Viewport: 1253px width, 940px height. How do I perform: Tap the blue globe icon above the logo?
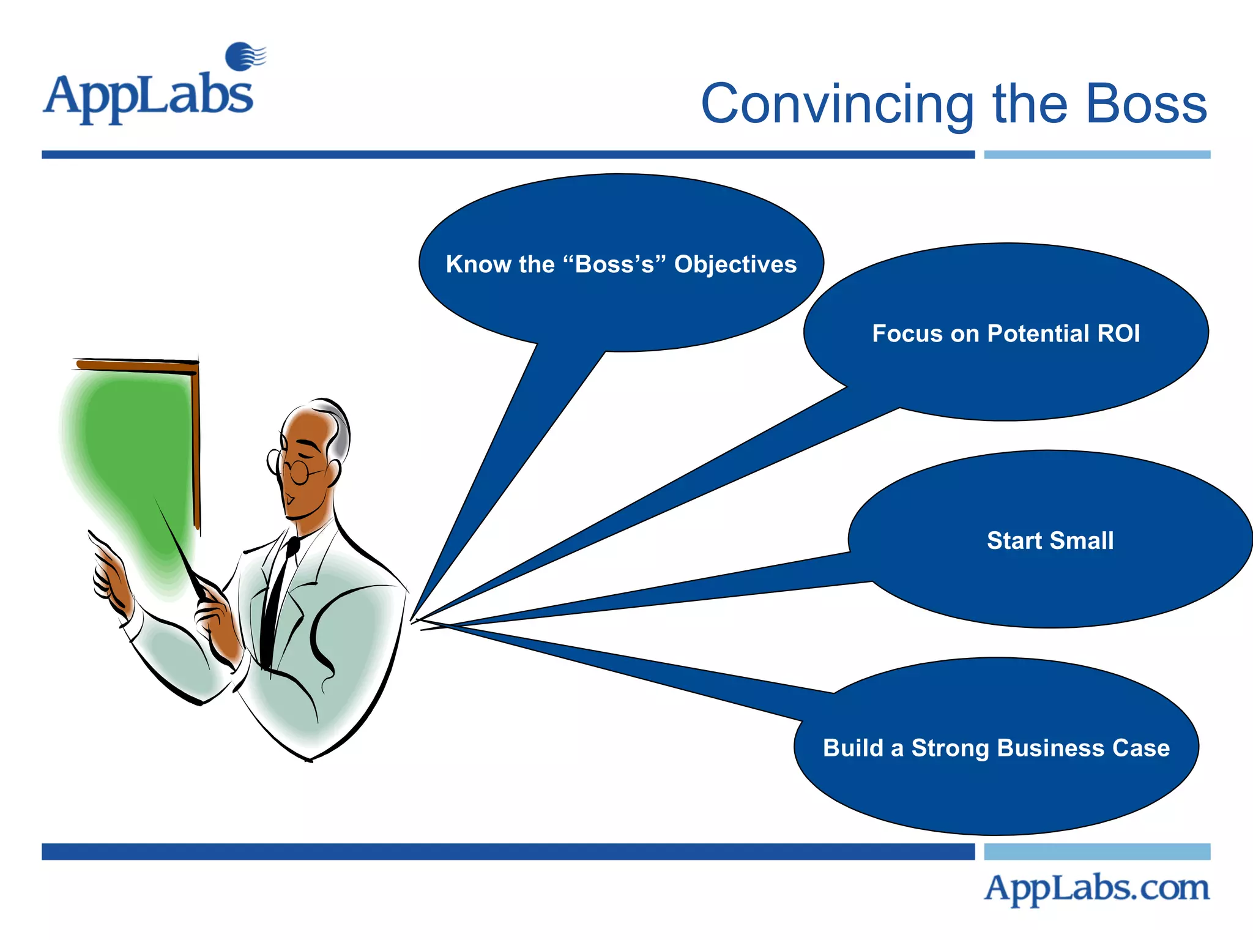tap(242, 56)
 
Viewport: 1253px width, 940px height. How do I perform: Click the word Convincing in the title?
tap(836, 105)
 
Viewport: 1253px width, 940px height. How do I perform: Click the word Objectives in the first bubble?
tap(735, 264)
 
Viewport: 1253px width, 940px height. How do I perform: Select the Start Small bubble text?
tap(1050, 540)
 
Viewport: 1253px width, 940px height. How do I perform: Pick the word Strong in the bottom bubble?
tap(950, 748)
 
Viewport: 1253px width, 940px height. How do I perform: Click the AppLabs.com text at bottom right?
tap(1096, 888)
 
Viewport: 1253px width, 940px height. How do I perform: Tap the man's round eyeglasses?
tap(298, 471)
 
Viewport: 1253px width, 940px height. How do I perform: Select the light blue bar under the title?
tap(1096, 155)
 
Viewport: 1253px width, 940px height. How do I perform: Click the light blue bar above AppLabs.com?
tap(1096, 851)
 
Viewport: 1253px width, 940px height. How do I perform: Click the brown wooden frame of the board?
tap(196, 441)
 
